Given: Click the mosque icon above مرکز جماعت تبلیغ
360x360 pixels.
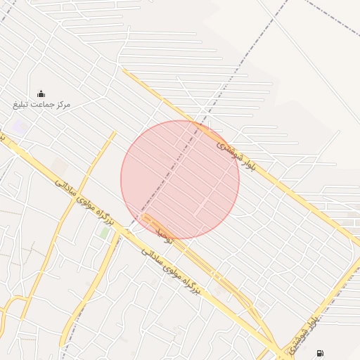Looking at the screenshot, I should [x=41, y=94].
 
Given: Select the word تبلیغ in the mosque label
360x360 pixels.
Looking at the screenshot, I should [x=20, y=104].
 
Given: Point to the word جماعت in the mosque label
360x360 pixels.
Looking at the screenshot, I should [x=41, y=104].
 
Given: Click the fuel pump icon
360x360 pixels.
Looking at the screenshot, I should [x=321, y=353].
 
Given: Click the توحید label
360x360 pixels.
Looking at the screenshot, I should [x=164, y=233].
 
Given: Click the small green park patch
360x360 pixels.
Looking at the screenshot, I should [x=104, y=232].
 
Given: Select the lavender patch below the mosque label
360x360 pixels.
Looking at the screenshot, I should [x=19, y=128].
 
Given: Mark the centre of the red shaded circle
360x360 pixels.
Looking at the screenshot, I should [x=180, y=180].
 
